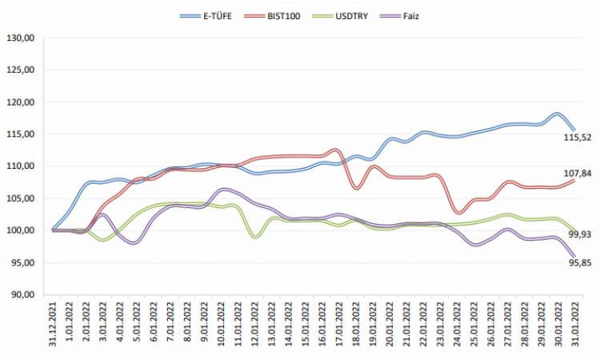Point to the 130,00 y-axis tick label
pyautogui.click(x=21, y=38)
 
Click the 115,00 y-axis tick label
pyautogui.click(x=21, y=134)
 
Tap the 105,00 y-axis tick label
pyautogui.click(x=21, y=198)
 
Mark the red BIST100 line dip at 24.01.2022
pyautogui.click(x=458, y=212)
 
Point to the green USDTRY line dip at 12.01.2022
pyautogui.click(x=256, y=237)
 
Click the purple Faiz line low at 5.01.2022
pyautogui.click(x=134, y=242)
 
